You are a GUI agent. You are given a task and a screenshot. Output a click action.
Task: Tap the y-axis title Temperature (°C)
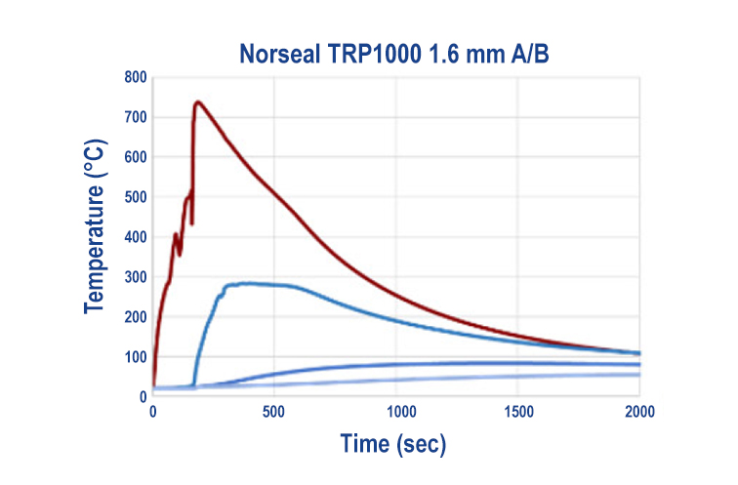pos(94,239)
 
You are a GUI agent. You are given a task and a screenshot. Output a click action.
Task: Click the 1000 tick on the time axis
pos(396,411)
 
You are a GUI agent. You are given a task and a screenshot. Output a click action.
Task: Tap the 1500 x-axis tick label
pos(518,411)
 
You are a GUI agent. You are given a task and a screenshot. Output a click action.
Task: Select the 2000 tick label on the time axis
pos(639,411)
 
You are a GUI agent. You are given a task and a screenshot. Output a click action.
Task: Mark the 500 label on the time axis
pos(274,411)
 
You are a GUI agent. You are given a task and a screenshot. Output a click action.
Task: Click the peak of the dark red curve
pos(198,101)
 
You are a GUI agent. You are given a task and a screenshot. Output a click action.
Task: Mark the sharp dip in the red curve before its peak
pos(192,223)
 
